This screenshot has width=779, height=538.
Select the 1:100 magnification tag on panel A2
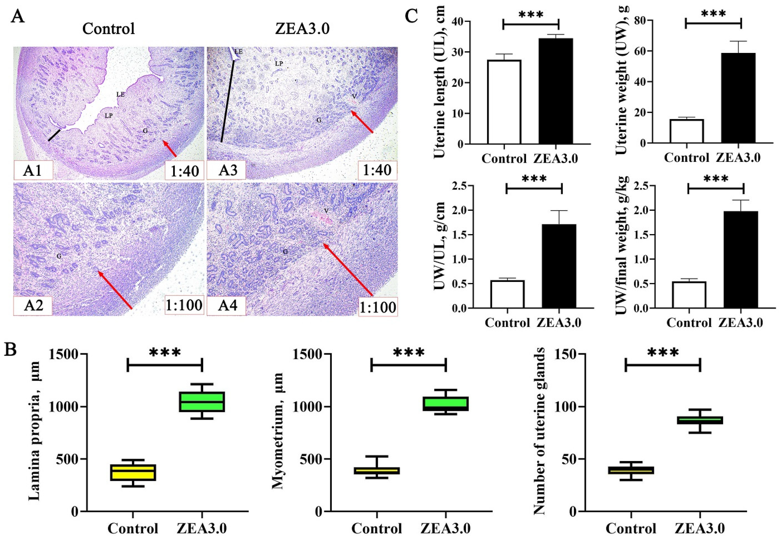[184, 305]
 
